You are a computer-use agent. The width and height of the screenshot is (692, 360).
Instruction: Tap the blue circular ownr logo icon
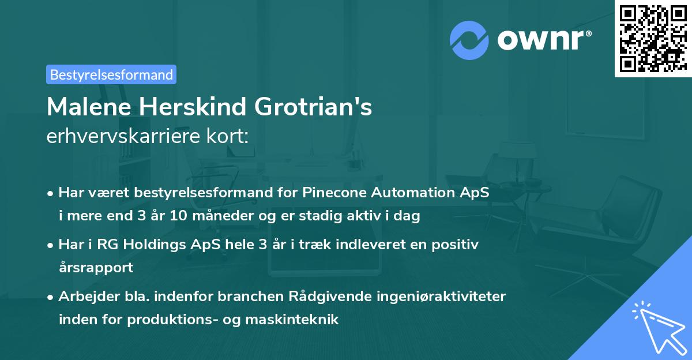(469, 39)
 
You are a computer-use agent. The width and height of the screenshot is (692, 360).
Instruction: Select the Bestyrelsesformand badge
(111, 74)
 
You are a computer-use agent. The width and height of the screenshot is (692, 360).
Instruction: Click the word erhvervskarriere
(118, 137)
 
